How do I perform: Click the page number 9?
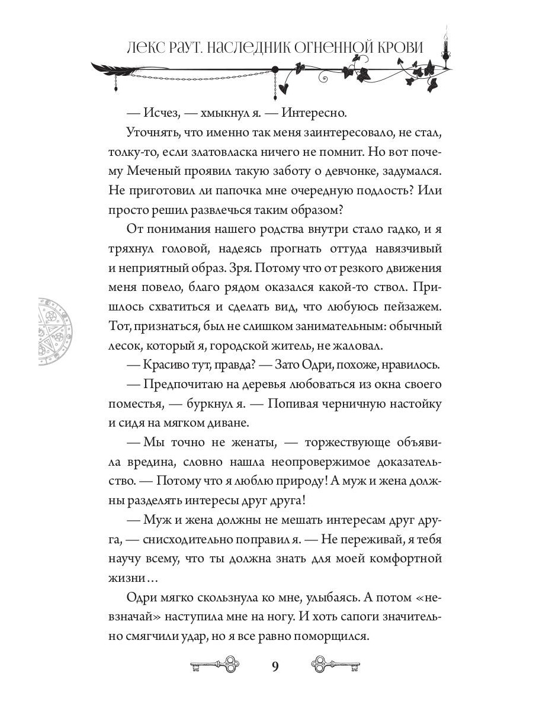[274, 665]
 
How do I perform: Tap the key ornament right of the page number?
[335, 665]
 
